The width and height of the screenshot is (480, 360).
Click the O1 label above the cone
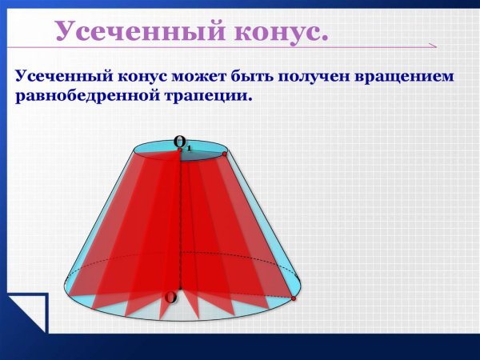point(182,143)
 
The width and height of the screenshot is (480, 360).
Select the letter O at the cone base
point(170,298)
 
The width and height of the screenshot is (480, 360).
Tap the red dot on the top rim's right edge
point(225,154)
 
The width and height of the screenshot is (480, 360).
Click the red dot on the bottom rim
point(294,298)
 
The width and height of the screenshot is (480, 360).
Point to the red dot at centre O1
point(180,150)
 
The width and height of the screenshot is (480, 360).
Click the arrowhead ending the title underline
point(432,46)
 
